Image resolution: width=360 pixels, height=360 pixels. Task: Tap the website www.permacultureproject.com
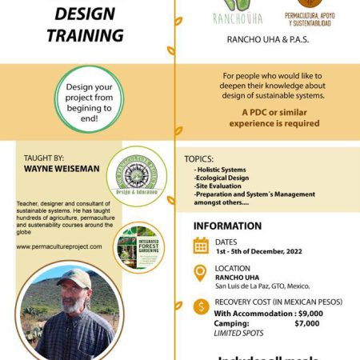[59, 246]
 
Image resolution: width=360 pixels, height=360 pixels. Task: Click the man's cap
[74, 278]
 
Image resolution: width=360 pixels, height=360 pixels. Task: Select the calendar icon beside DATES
[202, 246]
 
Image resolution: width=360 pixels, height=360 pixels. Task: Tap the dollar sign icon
[202, 306]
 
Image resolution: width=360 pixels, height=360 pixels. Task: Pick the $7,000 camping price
[307, 323]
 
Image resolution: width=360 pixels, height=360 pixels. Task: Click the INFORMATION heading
[227, 226]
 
